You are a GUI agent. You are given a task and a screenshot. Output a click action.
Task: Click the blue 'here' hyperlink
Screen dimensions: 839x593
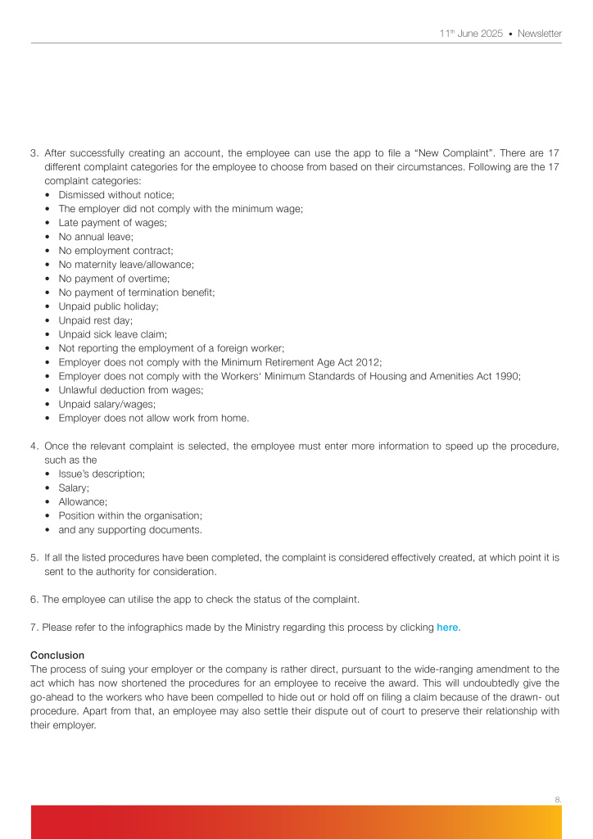point(447,628)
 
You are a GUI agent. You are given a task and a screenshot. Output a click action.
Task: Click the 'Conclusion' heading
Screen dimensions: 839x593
point(57,655)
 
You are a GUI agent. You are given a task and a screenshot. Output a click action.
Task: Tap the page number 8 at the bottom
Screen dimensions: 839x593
point(557,799)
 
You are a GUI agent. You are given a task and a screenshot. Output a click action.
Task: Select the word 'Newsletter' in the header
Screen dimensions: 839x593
point(541,34)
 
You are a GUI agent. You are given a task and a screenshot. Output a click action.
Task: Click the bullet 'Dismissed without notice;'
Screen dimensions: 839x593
point(116,195)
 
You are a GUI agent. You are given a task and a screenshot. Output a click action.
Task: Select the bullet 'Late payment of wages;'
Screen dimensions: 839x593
point(112,223)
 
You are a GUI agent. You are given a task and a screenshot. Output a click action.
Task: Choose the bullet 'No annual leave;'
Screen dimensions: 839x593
point(96,237)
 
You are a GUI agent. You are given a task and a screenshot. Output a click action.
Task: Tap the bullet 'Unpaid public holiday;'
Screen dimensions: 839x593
point(108,306)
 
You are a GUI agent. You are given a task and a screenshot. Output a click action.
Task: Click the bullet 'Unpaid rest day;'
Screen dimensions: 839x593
point(95,320)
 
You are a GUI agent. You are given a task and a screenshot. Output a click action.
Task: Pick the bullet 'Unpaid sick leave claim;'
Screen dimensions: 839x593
point(112,334)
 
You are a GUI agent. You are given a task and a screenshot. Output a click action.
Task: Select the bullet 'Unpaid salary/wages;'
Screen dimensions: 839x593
point(106,404)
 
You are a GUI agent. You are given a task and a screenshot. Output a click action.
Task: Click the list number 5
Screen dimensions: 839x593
point(34,558)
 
